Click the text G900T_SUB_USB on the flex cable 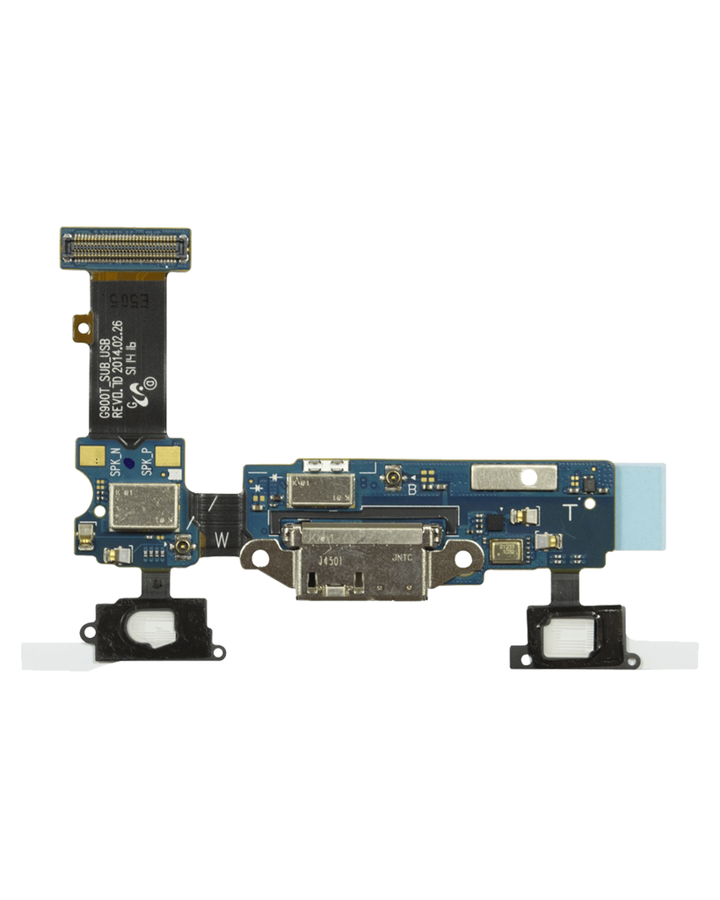pyautogui.click(x=105, y=387)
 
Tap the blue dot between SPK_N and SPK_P pyautogui.click(x=130, y=461)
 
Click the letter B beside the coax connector pyautogui.click(x=411, y=490)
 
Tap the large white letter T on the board pyautogui.click(x=570, y=512)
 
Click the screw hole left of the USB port pyautogui.click(x=260, y=557)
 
